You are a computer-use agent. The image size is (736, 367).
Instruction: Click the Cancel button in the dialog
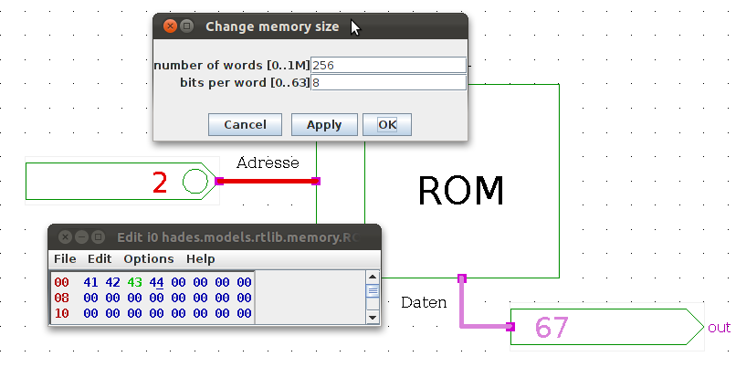click(x=245, y=125)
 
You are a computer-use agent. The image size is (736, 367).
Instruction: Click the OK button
click(x=386, y=125)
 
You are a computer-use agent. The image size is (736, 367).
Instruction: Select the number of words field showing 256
click(x=388, y=66)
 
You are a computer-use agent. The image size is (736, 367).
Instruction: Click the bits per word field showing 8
click(x=388, y=83)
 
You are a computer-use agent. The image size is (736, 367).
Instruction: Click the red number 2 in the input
click(x=160, y=183)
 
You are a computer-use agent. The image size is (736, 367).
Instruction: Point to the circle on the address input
click(x=195, y=182)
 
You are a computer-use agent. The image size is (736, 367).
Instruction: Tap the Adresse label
click(x=268, y=163)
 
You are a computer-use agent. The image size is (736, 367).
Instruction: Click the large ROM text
click(x=460, y=191)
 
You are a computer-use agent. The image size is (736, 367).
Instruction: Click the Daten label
click(x=424, y=302)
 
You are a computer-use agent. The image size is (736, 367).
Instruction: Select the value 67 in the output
click(x=552, y=327)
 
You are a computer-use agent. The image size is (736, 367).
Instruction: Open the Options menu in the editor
click(x=148, y=259)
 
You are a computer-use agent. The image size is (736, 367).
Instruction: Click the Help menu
click(x=201, y=259)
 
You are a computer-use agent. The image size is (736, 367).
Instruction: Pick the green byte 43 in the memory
click(x=135, y=282)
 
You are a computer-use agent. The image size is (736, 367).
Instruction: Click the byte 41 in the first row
click(x=90, y=282)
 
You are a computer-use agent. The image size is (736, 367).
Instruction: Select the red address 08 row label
click(x=61, y=298)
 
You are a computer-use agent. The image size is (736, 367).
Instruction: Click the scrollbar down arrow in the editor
click(x=372, y=317)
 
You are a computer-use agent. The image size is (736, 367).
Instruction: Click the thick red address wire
click(x=268, y=181)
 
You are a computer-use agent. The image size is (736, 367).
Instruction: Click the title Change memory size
click(x=272, y=26)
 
